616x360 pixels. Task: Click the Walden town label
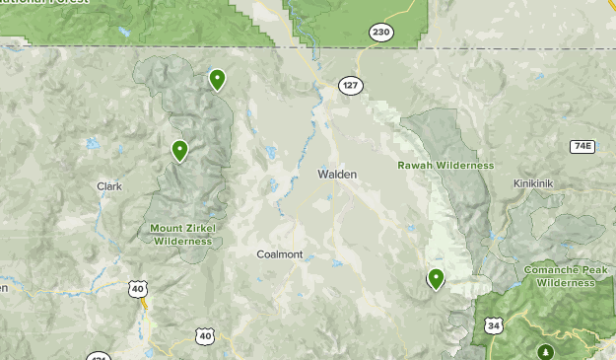337,174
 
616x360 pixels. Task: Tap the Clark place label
108,185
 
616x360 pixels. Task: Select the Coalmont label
279,253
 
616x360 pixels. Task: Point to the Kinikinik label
536,183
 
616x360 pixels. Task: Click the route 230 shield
381,33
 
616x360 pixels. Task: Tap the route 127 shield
351,85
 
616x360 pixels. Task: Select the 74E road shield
582,146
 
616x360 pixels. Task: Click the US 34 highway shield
492,324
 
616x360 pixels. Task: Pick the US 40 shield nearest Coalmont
205,336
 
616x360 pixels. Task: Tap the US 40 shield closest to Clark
137,288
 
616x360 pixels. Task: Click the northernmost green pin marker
217,79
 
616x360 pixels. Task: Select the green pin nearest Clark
179,150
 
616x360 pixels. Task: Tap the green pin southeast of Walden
435,278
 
